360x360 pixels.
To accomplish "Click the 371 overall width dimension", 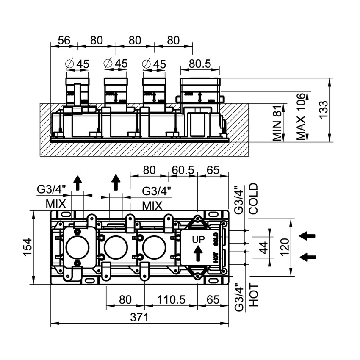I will (x=139, y=317).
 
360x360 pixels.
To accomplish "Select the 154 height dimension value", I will (x=27, y=247).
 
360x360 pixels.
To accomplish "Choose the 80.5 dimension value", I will (x=199, y=64).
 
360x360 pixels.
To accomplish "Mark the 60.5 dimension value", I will (x=183, y=170).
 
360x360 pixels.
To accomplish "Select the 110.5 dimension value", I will (x=172, y=299).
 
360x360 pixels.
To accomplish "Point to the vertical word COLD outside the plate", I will (x=253, y=199).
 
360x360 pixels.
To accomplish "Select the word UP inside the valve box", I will (x=199, y=239).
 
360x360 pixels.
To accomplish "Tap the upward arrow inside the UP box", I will (x=198, y=254).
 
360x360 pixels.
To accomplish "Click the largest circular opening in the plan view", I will (x=77, y=248).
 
